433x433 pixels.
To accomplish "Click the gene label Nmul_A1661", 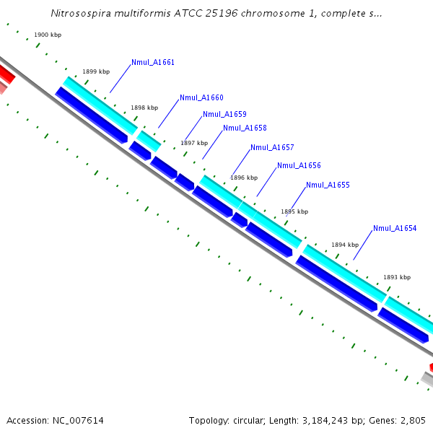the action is click(153, 63).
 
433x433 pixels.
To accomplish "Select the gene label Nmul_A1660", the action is click(201, 97).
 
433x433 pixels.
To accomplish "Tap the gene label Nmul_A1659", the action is click(224, 114).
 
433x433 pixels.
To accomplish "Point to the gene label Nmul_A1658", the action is click(245, 128).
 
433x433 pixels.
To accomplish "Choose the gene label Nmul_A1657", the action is click(272, 147).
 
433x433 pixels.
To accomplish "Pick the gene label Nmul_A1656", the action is click(299, 165).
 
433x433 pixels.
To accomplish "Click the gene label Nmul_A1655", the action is click(328, 185).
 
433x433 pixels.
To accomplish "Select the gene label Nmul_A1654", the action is click(395, 228).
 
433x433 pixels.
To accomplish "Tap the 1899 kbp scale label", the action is click(96, 71).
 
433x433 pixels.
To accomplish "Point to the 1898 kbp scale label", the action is click(144, 108).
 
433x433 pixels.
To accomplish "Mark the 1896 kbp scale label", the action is click(244, 177).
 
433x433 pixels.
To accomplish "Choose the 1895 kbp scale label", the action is click(294, 211).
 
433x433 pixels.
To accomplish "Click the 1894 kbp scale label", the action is click(345, 245).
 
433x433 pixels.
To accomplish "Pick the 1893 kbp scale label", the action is click(397, 277).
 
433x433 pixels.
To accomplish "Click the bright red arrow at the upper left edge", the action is click(6, 73).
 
